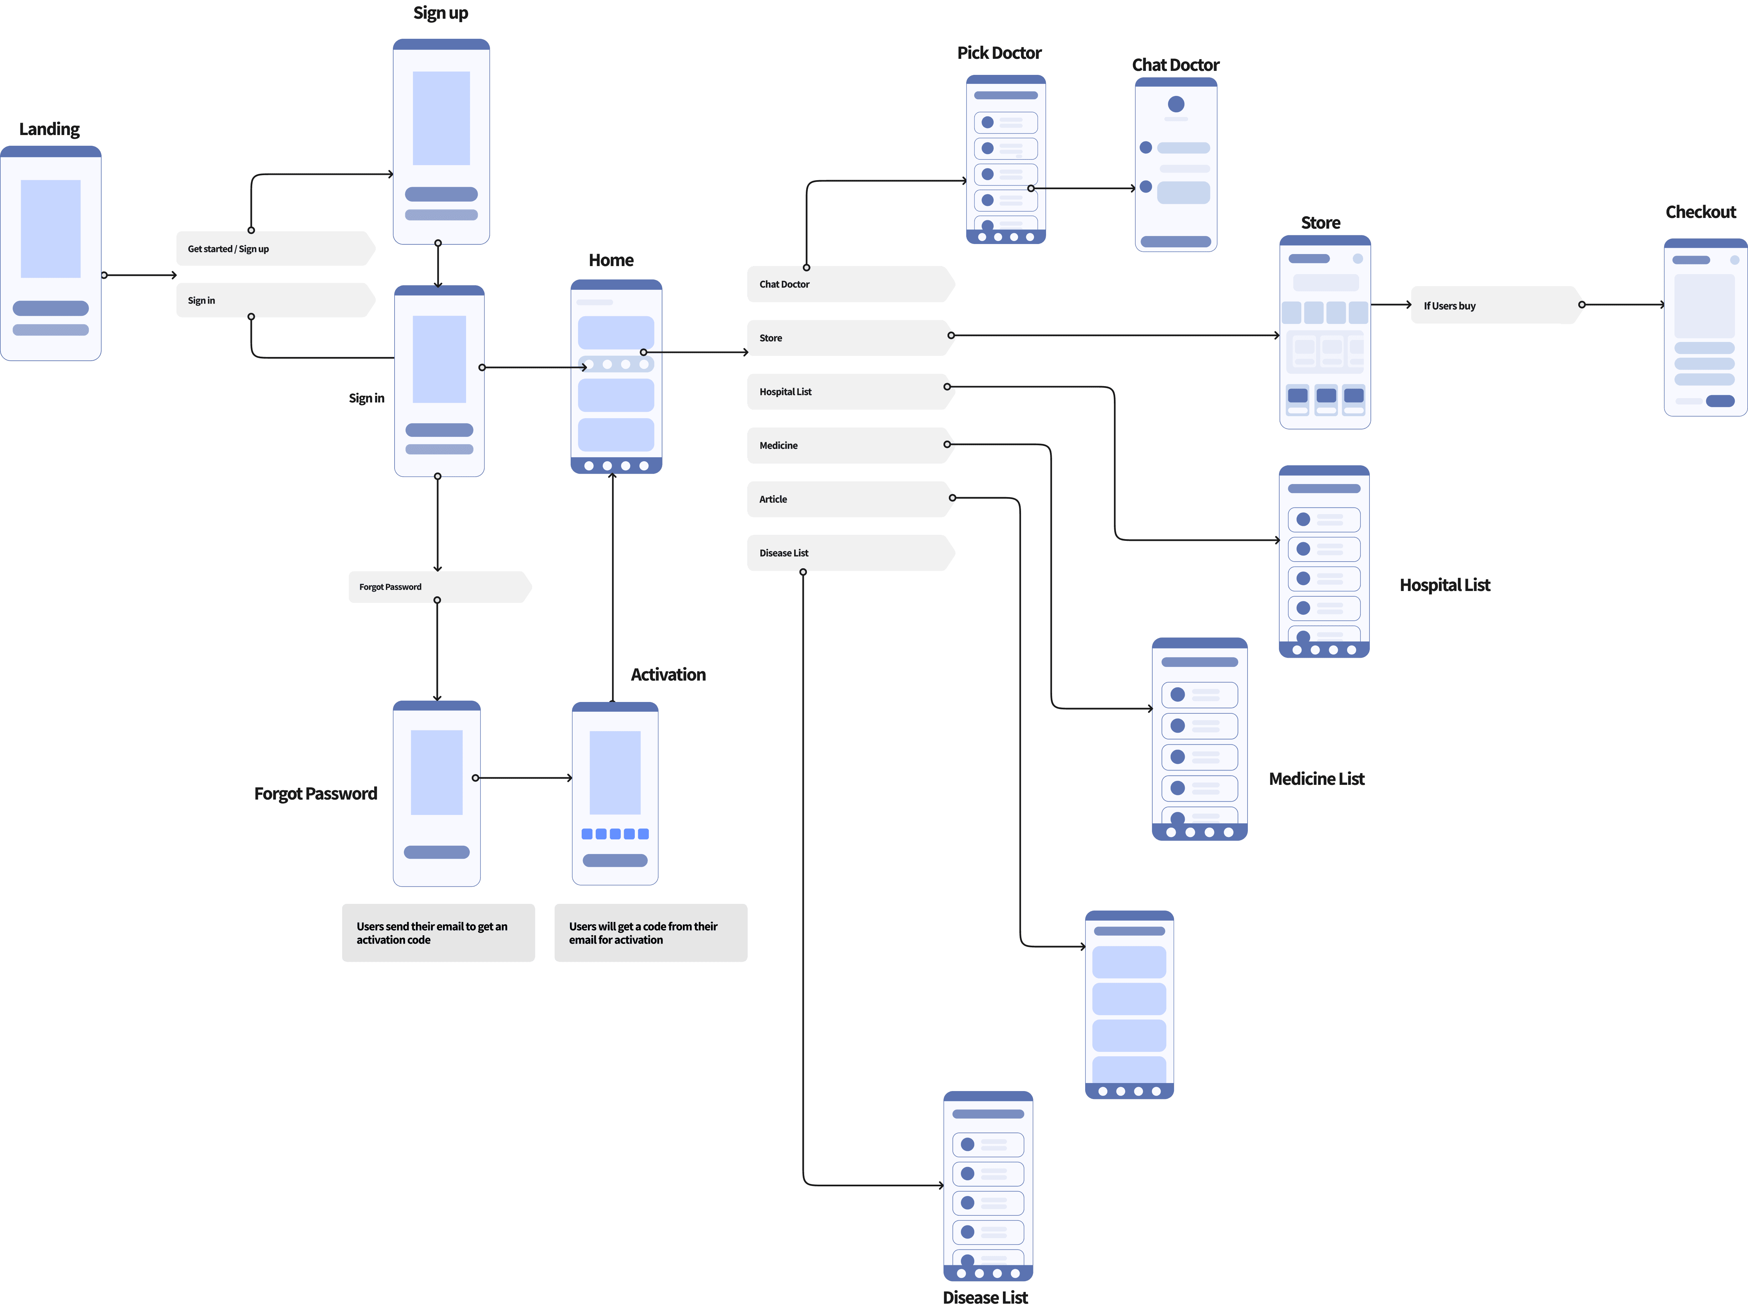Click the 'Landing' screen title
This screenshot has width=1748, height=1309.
coord(49,129)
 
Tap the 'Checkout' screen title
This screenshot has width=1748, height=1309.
coord(1701,212)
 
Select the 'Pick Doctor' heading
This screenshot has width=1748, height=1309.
coord(999,53)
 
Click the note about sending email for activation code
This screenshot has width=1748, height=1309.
coord(438,933)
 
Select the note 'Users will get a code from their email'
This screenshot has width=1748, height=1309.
coord(650,933)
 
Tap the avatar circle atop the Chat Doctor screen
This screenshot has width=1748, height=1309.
coord(1176,104)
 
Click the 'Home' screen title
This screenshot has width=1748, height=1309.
coord(611,260)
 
